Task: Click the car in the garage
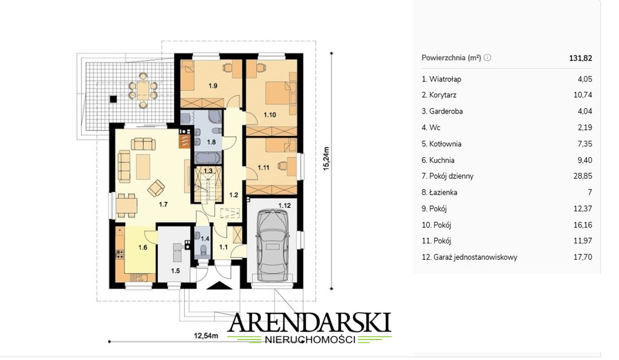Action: point(272,245)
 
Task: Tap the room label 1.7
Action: point(163,204)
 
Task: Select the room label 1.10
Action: point(270,115)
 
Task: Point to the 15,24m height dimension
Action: point(326,158)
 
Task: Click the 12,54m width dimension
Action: point(206,336)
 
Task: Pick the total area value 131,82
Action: point(580,58)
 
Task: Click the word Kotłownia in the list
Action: point(446,144)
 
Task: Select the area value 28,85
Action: point(583,176)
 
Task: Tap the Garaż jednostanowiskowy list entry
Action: point(469,257)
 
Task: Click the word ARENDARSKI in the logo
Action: point(309,323)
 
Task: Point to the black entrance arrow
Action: point(220,285)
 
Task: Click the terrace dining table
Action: point(143,90)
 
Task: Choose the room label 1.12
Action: point(284,205)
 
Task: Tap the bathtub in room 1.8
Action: point(208,158)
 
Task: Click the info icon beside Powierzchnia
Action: point(488,57)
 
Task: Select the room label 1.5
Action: point(175,271)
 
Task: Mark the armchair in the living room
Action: point(156,188)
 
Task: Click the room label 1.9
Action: point(213,86)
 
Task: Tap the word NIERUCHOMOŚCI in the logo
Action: point(310,339)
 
